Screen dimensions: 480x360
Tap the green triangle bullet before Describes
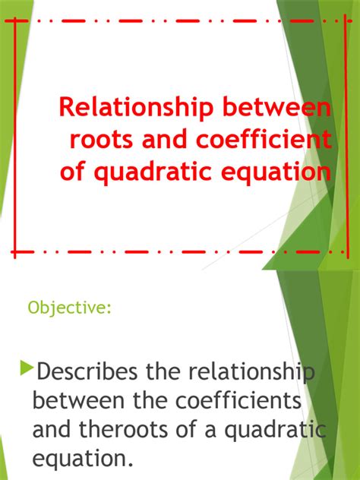[28, 370]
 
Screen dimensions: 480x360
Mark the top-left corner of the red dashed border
[16, 21]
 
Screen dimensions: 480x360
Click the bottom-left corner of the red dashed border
[16, 250]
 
